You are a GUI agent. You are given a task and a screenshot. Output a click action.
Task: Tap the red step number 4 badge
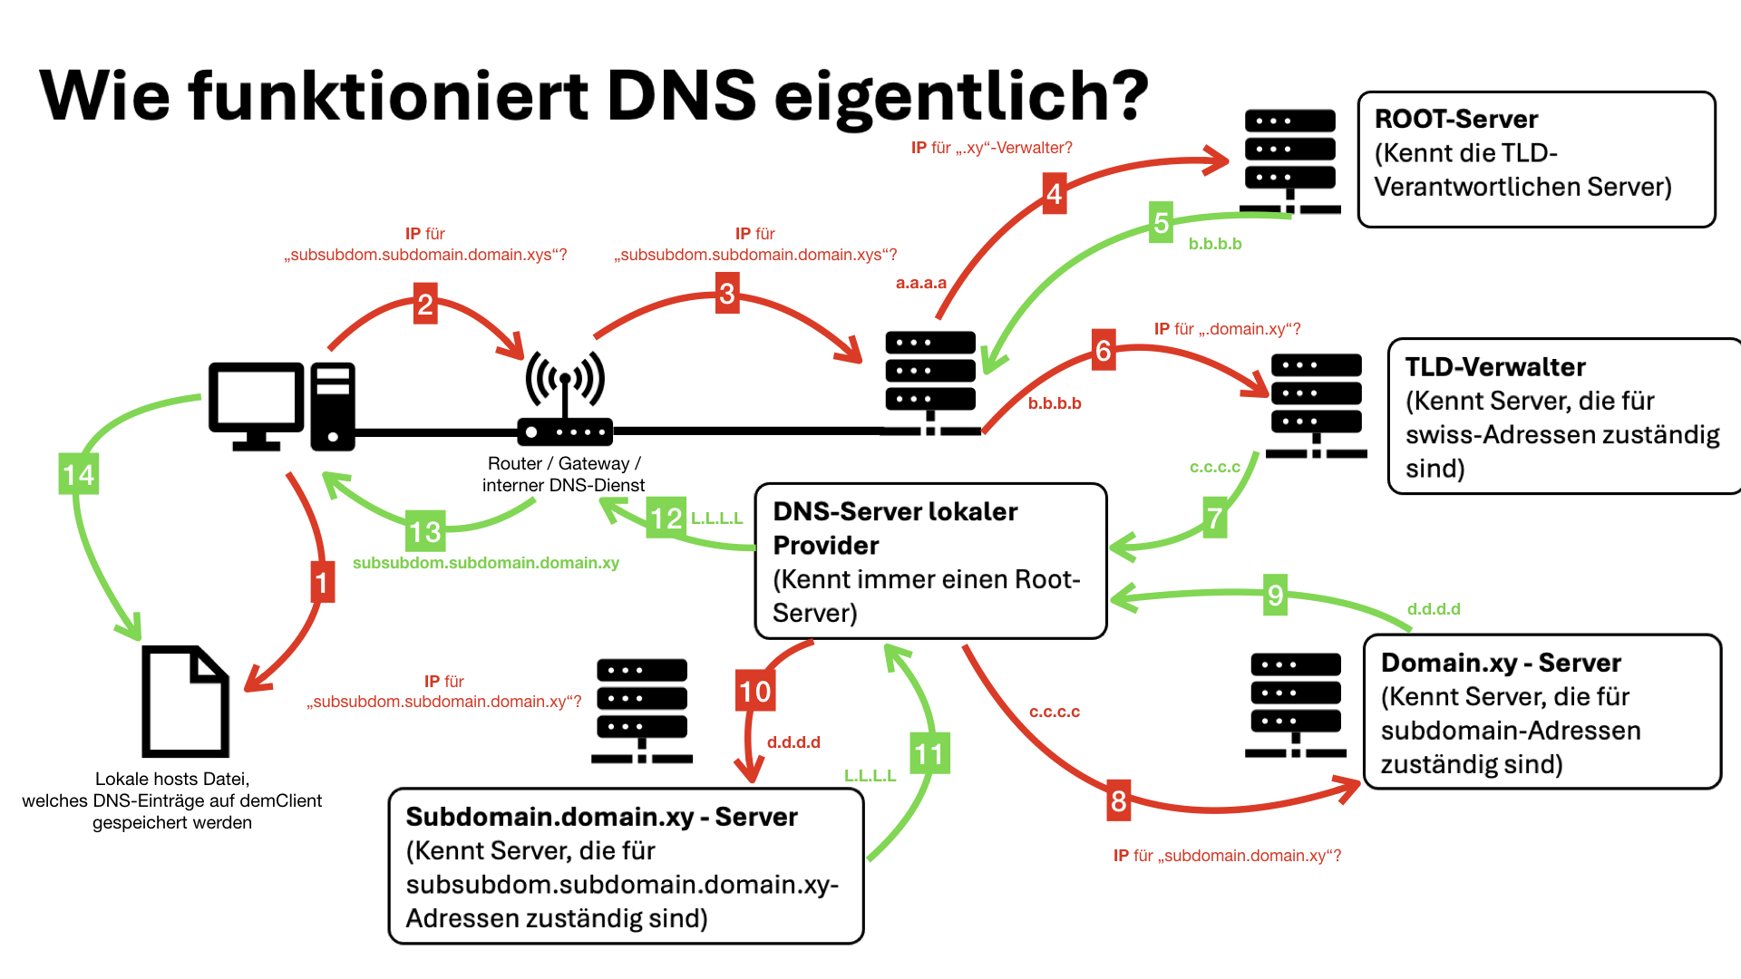(1054, 193)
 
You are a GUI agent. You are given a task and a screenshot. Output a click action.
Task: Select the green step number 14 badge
(79, 474)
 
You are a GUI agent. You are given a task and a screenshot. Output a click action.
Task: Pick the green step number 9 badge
(1276, 595)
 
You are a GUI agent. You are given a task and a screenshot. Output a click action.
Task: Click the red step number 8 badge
(1119, 800)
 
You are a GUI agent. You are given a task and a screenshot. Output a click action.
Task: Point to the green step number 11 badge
(929, 753)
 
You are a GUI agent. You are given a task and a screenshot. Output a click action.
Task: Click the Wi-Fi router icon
(565, 397)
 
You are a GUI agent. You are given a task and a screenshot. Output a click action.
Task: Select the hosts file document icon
(186, 701)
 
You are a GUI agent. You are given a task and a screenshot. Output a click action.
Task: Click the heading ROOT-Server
(1456, 119)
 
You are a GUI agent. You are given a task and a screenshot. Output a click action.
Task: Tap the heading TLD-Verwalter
(1495, 366)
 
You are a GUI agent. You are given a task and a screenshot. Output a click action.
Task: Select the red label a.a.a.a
(921, 283)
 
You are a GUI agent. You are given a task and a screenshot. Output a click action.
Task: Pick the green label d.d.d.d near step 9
(1434, 609)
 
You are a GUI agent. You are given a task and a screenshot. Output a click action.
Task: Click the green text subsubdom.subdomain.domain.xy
(486, 563)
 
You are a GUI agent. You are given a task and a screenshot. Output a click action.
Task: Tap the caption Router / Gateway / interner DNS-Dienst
(564, 474)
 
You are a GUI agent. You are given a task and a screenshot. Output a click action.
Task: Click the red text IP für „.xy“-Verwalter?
(992, 148)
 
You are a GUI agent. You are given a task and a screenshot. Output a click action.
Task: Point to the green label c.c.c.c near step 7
(1215, 468)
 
